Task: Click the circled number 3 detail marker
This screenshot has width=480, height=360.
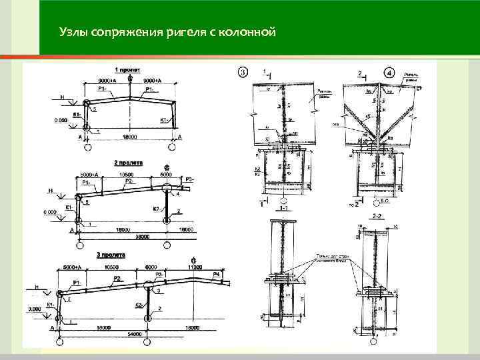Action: coord(243,71)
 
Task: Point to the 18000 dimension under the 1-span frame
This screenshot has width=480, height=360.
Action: coord(129,136)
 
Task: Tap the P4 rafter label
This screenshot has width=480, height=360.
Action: coord(217,274)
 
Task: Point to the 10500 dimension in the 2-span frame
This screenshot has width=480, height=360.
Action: coord(127,175)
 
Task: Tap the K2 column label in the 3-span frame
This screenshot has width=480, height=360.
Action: coord(139,305)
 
